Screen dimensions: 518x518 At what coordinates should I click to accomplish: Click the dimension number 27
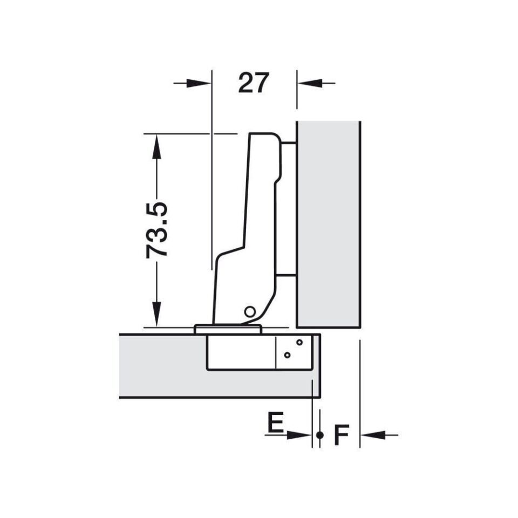254,83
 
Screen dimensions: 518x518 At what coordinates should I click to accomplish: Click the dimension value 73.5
156,230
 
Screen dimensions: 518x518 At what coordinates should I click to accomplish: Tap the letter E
275,421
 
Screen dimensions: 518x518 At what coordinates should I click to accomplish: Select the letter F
341,435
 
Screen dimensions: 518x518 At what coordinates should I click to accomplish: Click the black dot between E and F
319,435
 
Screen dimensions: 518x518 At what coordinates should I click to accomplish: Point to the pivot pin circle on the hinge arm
250,311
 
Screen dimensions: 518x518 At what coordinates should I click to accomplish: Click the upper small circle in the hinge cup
299,342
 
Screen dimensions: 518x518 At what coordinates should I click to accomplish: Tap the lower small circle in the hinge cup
287,355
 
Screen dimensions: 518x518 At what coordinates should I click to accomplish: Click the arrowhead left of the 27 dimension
199,83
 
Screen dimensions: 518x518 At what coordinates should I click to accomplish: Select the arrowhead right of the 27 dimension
310,83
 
